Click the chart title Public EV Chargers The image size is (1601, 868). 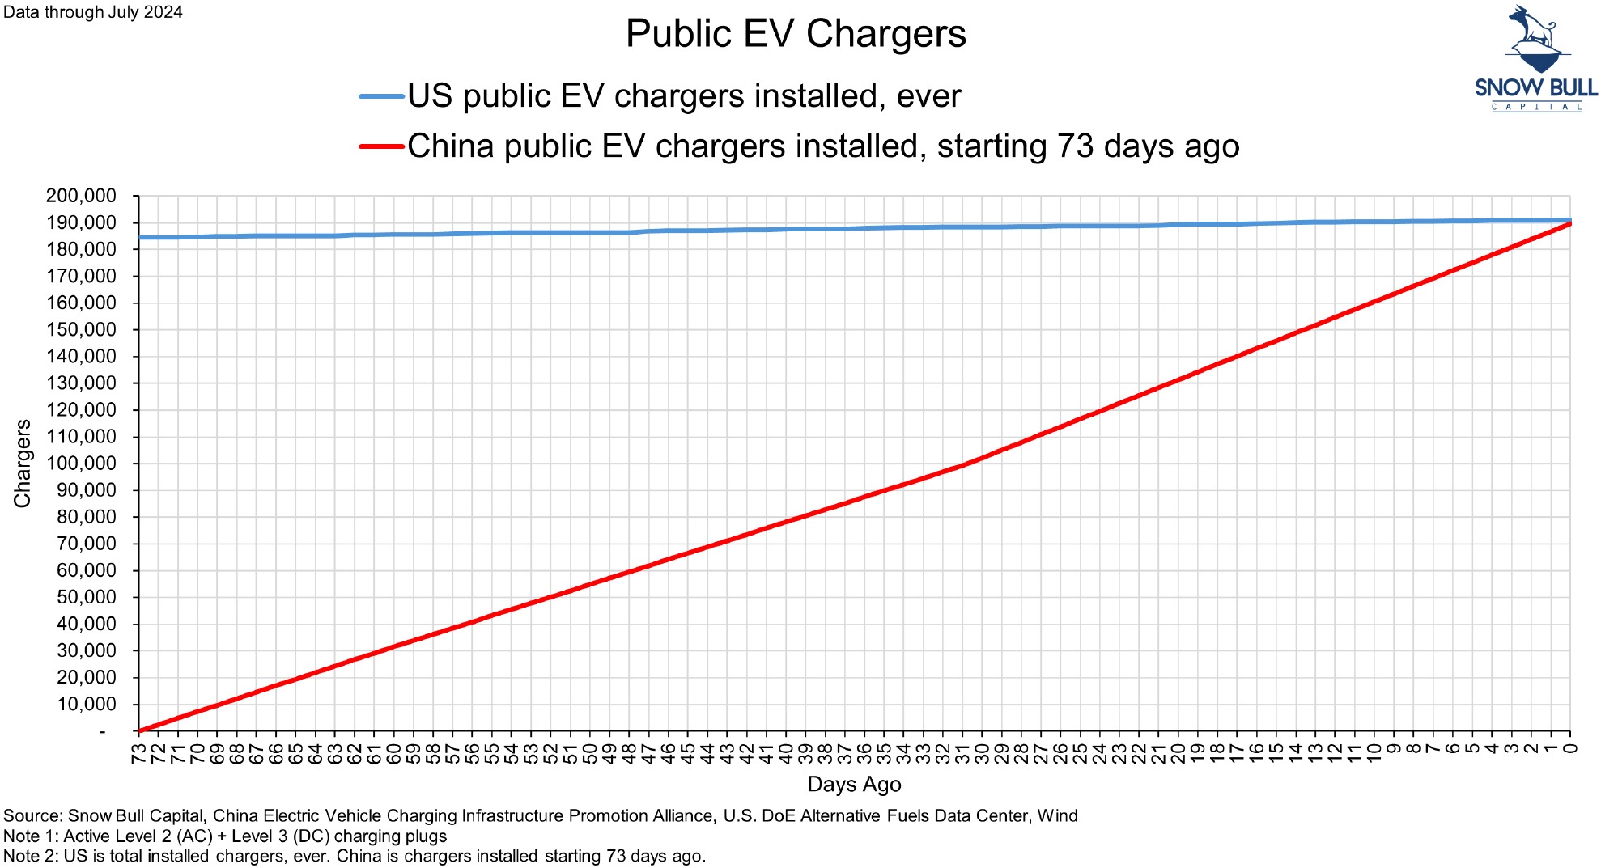796,34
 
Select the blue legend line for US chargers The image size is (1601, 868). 381,96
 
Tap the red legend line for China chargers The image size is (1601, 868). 381,146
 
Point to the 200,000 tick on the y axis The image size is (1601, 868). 81,196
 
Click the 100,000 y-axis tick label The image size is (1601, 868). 81,464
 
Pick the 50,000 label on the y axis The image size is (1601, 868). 86,597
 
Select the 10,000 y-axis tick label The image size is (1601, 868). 86,704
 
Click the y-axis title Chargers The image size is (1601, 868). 23,464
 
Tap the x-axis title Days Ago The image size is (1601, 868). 854,784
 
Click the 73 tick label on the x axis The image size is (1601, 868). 139,753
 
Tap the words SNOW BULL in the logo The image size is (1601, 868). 1535,87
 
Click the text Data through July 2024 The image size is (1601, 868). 93,12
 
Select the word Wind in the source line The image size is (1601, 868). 1057,815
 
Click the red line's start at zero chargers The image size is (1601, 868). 140,730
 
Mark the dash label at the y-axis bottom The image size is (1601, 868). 102,731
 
